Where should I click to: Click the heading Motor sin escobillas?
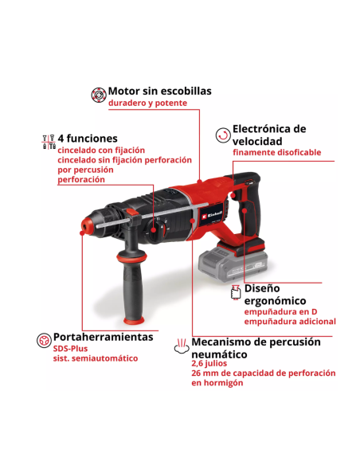(159, 92)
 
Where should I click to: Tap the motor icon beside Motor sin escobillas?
(98, 93)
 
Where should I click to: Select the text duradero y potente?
(147, 104)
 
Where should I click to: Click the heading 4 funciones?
(87, 139)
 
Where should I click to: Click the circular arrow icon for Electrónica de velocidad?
(223, 135)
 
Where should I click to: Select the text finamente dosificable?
(277, 152)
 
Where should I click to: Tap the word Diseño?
(261, 288)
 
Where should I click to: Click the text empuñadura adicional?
(290, 322)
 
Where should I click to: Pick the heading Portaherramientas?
(103, 338)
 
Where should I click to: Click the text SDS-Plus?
(71, 348)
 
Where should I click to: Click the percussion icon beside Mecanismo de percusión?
(182, 346)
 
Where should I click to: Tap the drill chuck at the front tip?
(88, 227)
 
